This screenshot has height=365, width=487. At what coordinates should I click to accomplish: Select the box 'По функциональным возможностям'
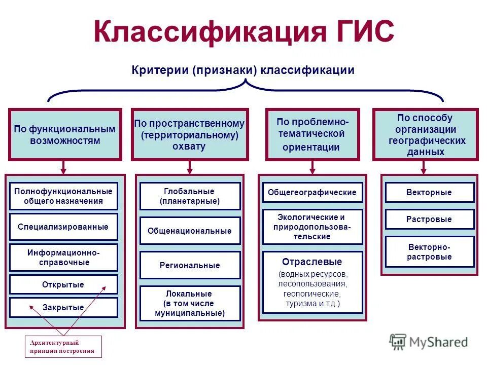[65, 134]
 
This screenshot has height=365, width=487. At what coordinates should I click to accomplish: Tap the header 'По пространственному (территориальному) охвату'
[189, 134]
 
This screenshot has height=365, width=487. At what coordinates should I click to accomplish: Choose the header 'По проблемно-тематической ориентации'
[312, 134]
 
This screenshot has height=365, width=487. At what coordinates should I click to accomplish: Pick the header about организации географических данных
[425, 134]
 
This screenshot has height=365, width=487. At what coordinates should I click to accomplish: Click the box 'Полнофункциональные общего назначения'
[63, 196]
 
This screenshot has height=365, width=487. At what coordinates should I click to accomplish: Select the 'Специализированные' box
[63, 227]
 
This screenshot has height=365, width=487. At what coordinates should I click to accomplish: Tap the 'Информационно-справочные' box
[63, 257]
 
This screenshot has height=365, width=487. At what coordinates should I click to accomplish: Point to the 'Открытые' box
[63, 284]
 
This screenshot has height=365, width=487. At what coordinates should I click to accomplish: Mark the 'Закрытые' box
[63, 307]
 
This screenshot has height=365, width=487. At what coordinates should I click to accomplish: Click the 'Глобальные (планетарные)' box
[190, 196]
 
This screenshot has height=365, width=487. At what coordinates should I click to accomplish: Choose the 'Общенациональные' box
[190, 231]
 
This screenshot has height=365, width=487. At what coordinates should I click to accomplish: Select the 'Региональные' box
[190, 265]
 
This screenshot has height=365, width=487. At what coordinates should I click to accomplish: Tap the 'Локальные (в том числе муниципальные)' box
[190, 303]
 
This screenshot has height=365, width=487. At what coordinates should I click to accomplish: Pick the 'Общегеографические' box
[312, 193]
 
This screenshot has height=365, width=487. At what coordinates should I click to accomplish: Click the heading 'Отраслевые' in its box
[312, 262]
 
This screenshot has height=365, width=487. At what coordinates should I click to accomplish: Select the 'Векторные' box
[429, 193]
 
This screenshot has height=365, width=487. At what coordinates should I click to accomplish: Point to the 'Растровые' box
[429, 219]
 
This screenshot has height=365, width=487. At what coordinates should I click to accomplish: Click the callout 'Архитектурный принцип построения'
[63, 347]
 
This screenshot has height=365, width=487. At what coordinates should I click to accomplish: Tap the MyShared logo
[429, 342]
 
